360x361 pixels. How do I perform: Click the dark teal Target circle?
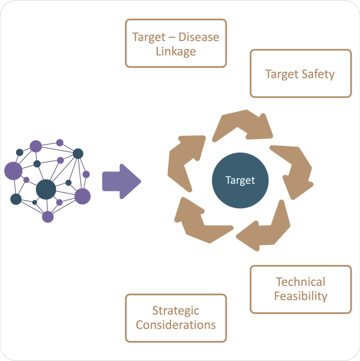click(240, 180)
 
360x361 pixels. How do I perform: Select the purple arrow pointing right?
click(121, 181)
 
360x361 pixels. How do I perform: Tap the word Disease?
click(199, 37)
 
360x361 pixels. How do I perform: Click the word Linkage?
click(176, 51)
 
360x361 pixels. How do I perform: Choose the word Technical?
click(301, 282)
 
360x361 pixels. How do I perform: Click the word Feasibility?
click(301, 296)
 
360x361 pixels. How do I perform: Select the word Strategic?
click(176, 311)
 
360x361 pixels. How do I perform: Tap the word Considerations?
click(176, 325)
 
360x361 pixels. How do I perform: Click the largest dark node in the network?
click(46, 189)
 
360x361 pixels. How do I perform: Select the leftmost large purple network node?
click(13, 170)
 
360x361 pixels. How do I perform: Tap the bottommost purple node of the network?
click(48, 217)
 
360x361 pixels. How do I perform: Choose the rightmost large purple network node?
click(82, 196)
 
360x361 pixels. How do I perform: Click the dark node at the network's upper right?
click(78, 153)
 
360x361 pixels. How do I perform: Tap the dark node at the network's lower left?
click(16, 199)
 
